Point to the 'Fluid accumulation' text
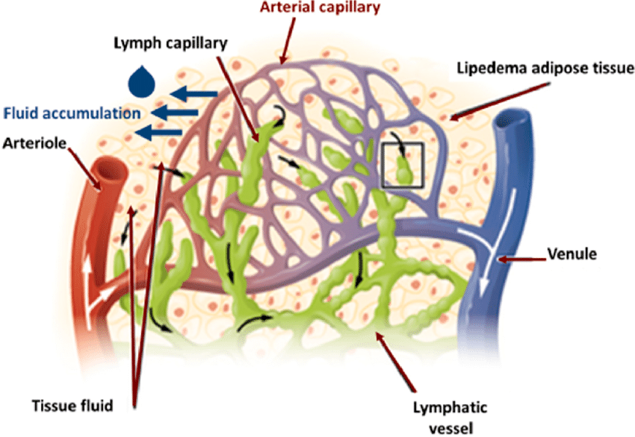(x=72, y=114)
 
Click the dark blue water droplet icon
(x=139, y=80)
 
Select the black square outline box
(x=403, y=164)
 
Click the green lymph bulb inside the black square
(x=404, y=171)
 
